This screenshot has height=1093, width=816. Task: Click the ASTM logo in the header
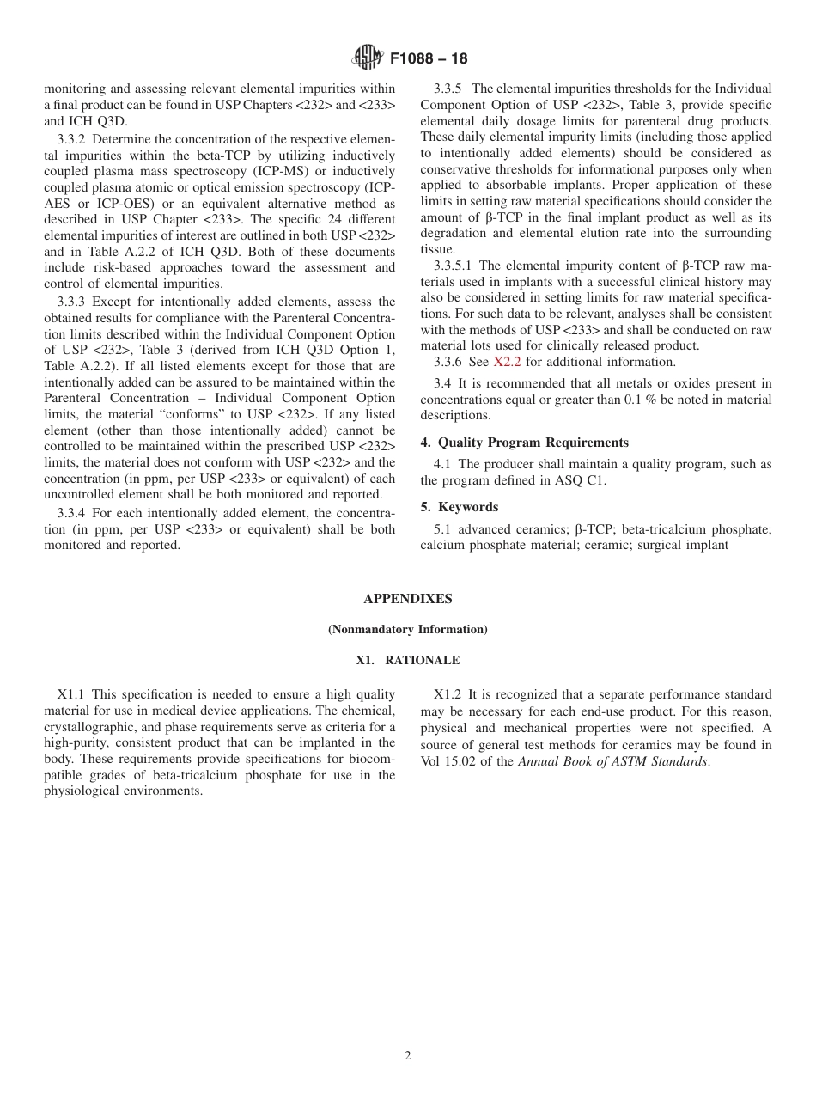tap(368, 58)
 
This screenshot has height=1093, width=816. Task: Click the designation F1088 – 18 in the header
tap(429, 59)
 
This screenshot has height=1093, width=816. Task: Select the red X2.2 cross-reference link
tap(507, 362)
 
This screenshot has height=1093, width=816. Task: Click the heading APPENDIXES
tap(407, 599)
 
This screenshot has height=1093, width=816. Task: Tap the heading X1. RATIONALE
tap(407, 661)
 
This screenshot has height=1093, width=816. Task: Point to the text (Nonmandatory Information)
tap(407, 630)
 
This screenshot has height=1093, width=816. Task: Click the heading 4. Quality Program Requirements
tap(524, 443)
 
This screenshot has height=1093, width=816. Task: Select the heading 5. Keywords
tap(459, 507)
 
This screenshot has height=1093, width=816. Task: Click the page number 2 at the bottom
tap(408, 1056)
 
